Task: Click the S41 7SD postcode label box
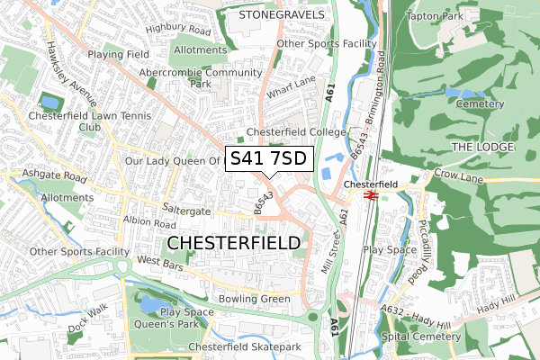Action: point(268,159)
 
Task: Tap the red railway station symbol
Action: point(368,193)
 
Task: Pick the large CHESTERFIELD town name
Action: point(234,243)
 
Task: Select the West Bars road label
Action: point(160,261)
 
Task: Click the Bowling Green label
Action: point(253,299)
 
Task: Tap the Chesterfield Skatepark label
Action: point(243,347)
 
